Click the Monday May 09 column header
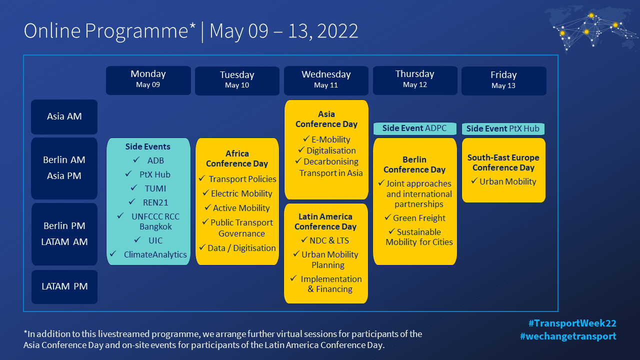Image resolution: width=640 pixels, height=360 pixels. [148, 80]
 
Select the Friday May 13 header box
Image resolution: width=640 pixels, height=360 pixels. [503, 81]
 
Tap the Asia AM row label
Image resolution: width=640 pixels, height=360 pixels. [64, 116]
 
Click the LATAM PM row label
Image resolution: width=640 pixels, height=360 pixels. [64, 286]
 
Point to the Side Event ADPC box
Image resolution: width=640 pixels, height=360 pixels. [414, 128]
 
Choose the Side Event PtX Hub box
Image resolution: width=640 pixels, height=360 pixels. [503, 128]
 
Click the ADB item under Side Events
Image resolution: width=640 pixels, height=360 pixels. [155, 160]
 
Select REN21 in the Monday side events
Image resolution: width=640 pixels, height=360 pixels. [155, 202]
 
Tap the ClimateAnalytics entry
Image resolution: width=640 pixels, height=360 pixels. [155, 254]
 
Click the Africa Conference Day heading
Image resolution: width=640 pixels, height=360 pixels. [237, 158]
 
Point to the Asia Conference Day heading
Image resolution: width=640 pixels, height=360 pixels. [326, 119]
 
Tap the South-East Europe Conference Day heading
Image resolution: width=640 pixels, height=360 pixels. [503, 162]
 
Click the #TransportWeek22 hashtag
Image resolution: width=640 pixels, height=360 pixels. [572, 323]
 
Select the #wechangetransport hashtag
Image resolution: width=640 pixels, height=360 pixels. [568, 336]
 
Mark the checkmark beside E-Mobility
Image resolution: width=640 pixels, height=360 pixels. [306, 139]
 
